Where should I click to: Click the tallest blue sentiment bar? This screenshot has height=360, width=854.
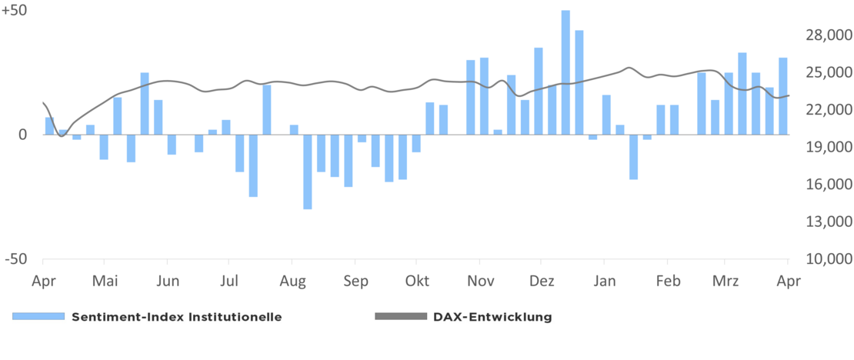pos(565,72)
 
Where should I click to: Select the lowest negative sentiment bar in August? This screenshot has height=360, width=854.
pos(308,172)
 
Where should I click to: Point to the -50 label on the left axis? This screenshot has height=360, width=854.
pos(16,259)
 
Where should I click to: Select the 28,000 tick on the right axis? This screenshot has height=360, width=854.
pos(827,35)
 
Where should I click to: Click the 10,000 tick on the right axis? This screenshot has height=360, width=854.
pos(827,259)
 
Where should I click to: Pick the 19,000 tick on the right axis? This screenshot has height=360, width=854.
pos(827,147)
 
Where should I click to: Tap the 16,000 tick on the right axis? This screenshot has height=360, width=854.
pos(827,185)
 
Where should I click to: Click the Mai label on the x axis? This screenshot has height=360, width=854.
pos(105,281)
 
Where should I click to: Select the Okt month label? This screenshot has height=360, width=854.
pos(417,281)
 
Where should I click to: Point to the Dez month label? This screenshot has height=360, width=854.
pos(542,281)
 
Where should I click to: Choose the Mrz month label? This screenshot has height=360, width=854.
pos(726,281)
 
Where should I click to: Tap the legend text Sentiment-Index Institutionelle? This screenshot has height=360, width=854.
pos(176,316)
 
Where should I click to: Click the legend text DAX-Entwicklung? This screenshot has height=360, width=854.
pos(492,316)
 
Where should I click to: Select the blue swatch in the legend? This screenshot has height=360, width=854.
pos(38,317)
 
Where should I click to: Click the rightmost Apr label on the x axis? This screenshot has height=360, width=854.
pos(787,281)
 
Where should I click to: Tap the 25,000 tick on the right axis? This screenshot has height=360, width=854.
pos(827,72)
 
